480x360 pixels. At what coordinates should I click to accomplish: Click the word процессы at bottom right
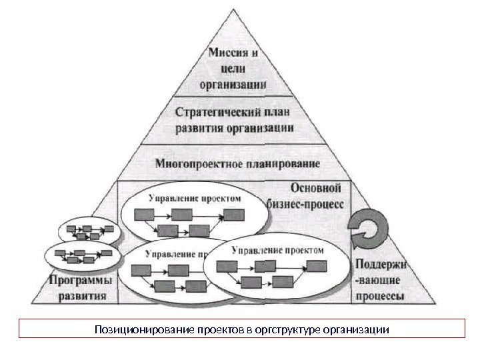[379, 297]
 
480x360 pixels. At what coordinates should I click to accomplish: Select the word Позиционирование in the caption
[137, 330]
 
